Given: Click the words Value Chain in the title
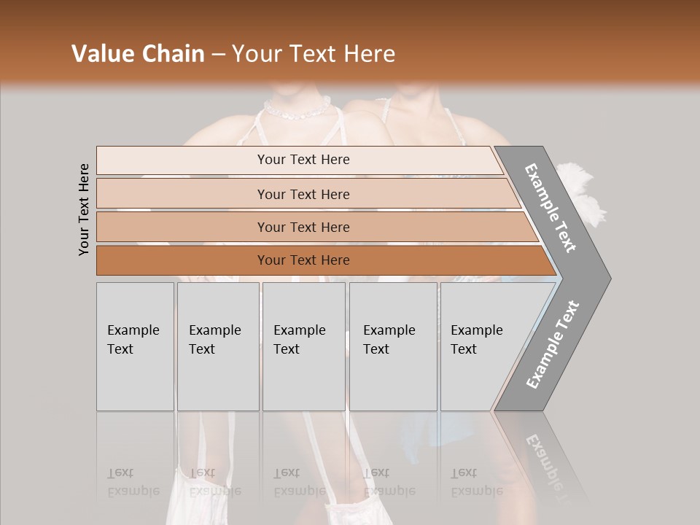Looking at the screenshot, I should pos(138,54).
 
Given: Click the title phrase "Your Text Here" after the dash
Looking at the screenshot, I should pos(314,54).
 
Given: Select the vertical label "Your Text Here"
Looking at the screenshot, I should pos(84,209).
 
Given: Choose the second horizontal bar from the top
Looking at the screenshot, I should pos(303,194).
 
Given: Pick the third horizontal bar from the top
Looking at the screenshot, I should pos(303,227).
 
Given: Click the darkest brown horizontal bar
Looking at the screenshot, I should pos(303,260).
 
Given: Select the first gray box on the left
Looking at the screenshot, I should pos(135,346).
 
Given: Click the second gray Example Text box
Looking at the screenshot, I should pos(217,346).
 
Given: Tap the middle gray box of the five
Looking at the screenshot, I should pos(303,346).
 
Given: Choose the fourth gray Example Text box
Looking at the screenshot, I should pos(392,346).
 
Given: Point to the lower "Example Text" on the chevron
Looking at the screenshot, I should pos(552,345).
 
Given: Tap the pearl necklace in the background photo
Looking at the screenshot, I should pos(297,110).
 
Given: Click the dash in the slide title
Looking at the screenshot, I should pos(218,54).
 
